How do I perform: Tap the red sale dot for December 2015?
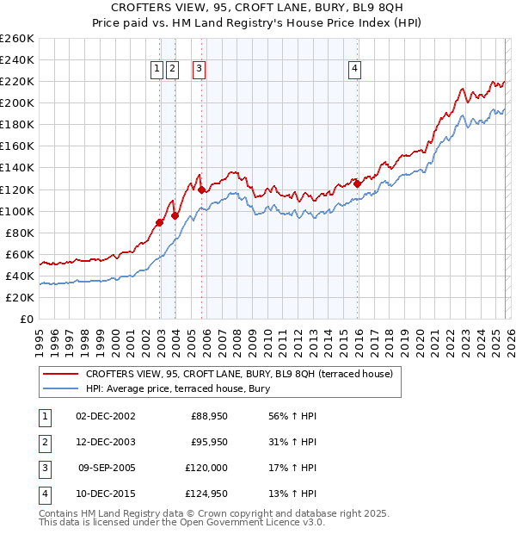[357, 183]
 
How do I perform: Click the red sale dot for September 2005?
[202, 189]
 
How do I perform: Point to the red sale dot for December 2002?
[160, 222]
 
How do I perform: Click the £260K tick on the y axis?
[16, 39]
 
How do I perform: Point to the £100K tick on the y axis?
[16, 211]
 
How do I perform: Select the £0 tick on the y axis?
[27, 319]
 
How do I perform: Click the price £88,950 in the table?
[209, 416]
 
